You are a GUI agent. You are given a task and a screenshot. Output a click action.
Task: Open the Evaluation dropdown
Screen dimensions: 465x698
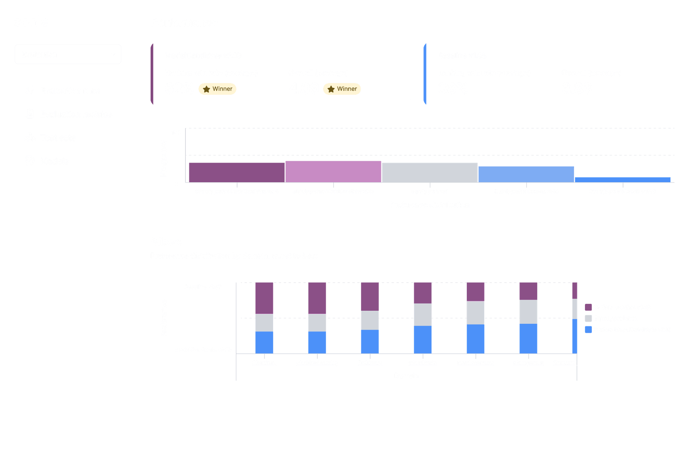[68, 54]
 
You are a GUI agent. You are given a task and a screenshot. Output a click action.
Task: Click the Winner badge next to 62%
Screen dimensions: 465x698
[217, 89]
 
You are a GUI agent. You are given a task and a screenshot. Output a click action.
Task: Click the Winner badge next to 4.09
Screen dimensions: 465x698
[342, 89]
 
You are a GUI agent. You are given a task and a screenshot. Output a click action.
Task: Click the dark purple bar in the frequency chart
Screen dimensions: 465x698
[237, 172]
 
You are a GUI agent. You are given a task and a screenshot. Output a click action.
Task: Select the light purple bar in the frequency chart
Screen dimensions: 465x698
[333, 172]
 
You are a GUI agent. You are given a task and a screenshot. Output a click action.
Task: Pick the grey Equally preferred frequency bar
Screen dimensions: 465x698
[429, 172]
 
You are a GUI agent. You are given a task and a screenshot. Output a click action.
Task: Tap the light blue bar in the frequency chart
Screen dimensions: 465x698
[526, 174]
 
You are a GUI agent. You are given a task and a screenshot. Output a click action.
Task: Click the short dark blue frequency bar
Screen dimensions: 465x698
[622, 180]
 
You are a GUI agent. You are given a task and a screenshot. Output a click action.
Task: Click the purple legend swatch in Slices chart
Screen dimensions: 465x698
[588, 307]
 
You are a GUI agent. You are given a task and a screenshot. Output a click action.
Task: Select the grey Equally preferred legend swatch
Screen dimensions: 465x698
[588, 318]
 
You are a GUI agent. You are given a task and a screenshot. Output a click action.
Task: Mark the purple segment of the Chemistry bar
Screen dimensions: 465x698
[264, 298]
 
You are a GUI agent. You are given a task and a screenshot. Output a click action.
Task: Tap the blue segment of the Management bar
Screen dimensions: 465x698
[528, 338]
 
